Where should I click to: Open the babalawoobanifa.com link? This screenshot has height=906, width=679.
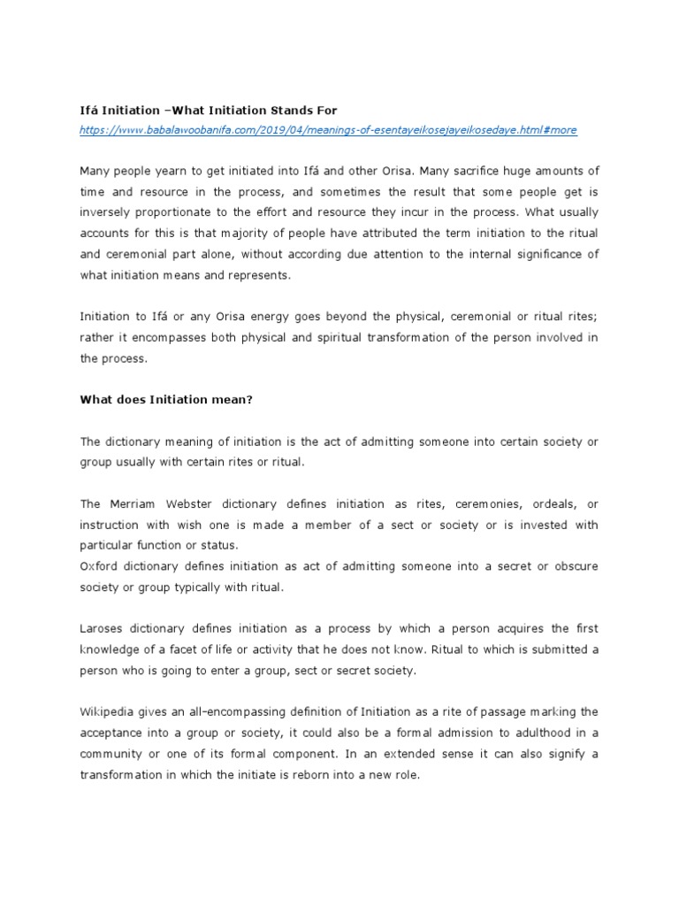point(328,129)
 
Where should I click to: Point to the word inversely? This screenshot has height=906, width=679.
point(107,213)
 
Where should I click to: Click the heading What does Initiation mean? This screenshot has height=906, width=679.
point(166,399)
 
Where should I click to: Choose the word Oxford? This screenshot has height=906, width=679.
point(99,566)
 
